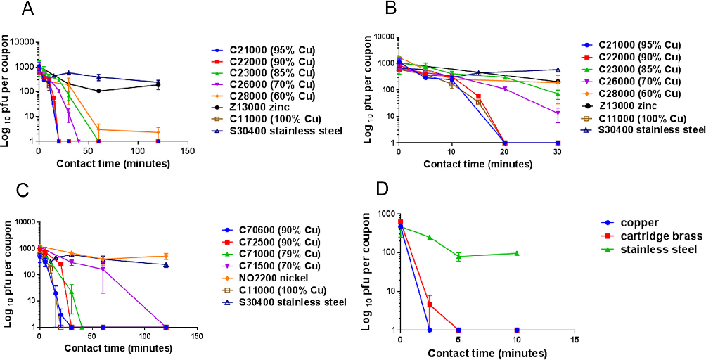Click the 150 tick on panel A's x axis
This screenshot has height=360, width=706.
click(187, 151)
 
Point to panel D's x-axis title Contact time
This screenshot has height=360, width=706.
click(486, 352)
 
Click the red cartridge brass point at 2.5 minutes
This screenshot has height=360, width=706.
click(429, 304)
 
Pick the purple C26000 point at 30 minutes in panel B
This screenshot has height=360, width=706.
click(558, 112)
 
